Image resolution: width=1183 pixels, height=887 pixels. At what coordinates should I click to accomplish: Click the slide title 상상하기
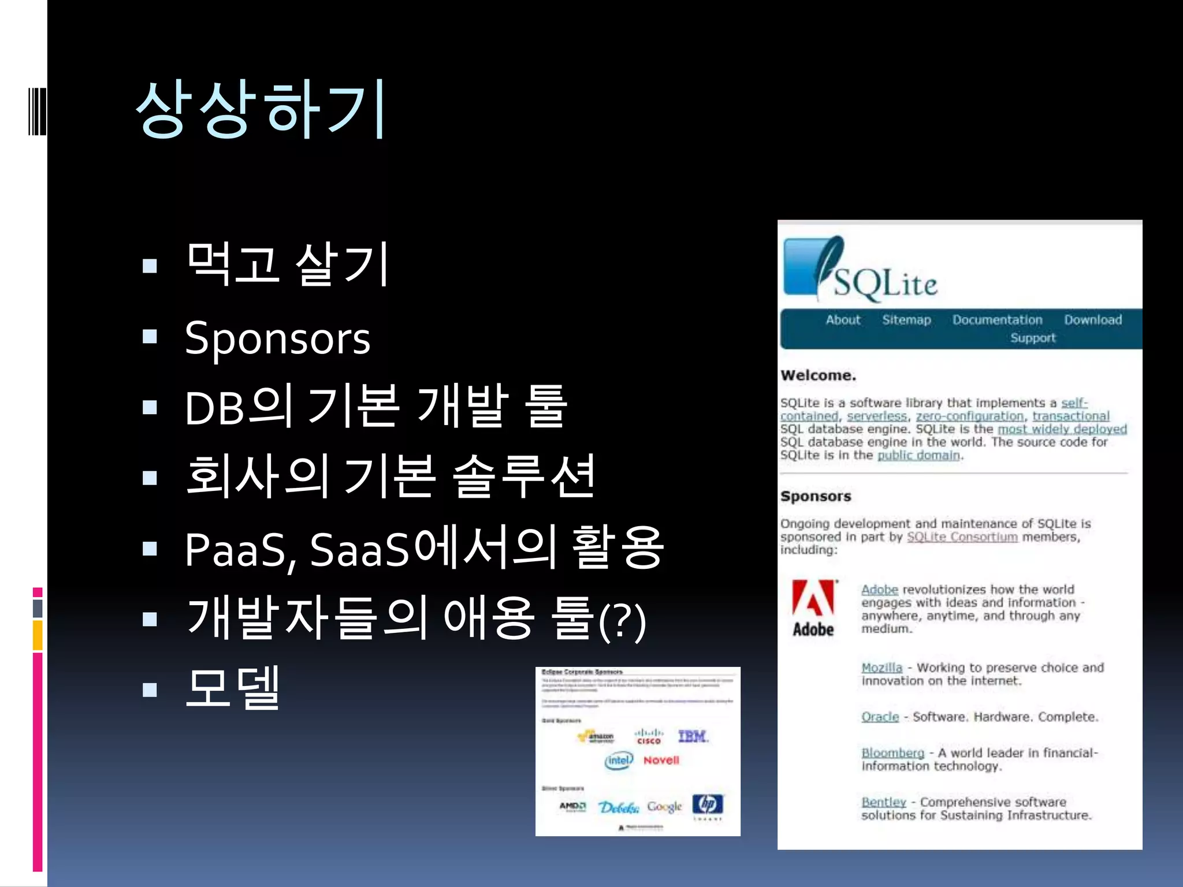261,109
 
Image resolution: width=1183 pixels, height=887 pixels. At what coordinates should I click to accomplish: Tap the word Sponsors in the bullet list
277,339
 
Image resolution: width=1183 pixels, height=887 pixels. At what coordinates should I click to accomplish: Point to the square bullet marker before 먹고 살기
150,266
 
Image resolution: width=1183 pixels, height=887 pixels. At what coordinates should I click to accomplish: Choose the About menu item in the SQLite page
843,320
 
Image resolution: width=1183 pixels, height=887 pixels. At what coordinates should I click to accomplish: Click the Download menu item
1093,320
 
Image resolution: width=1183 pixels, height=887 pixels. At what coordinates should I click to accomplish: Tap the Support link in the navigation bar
1033,338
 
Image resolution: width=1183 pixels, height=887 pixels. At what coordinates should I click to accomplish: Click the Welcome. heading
818,375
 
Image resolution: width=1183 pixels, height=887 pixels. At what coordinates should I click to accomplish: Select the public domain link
918,456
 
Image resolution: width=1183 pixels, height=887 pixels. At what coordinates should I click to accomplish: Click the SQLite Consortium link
962,537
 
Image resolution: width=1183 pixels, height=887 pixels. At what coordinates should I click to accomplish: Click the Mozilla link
881,668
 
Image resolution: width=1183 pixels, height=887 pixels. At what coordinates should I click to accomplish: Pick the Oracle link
880,717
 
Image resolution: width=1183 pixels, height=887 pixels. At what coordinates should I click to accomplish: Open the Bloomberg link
892,753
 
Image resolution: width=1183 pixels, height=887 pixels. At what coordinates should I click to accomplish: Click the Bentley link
883,802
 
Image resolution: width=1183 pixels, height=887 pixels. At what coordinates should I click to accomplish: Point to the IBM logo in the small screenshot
693,736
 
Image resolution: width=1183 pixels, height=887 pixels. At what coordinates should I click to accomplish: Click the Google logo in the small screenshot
664,807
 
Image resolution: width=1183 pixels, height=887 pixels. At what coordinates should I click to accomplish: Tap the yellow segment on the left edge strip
38,635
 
